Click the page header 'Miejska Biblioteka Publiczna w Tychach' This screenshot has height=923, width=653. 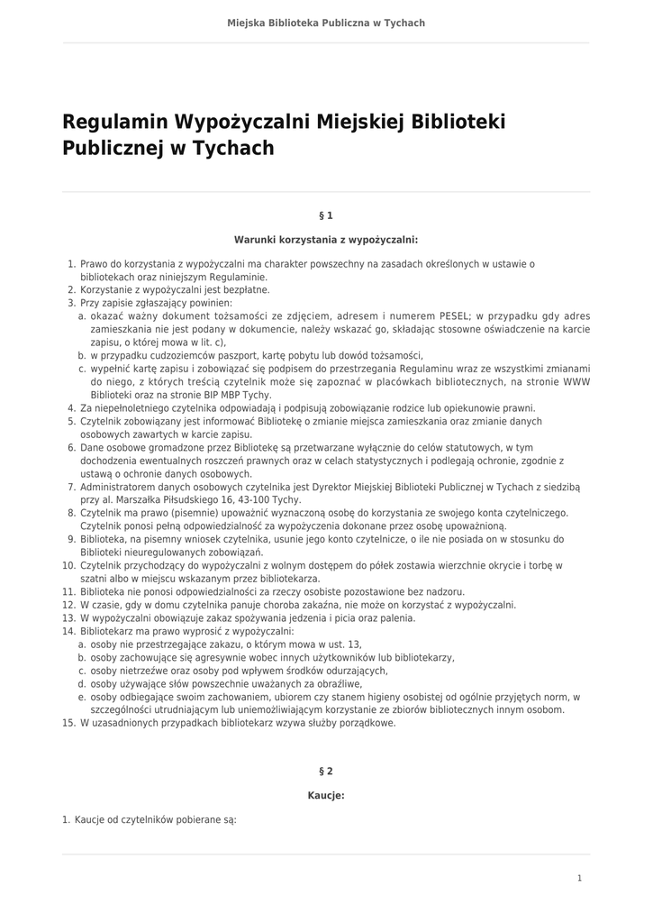coord(326,23)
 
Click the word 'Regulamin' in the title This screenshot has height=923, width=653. coord(114,122)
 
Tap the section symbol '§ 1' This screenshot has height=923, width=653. coord(326,216)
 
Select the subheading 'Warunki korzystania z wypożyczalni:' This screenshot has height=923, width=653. coord(326,241)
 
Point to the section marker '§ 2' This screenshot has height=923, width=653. coord(326,772)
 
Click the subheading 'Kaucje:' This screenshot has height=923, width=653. coord(326,796)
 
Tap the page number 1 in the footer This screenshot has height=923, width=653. coord(580,878)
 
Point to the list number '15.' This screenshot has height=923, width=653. coord(68,723)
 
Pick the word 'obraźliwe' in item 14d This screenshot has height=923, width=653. coord(338,684)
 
